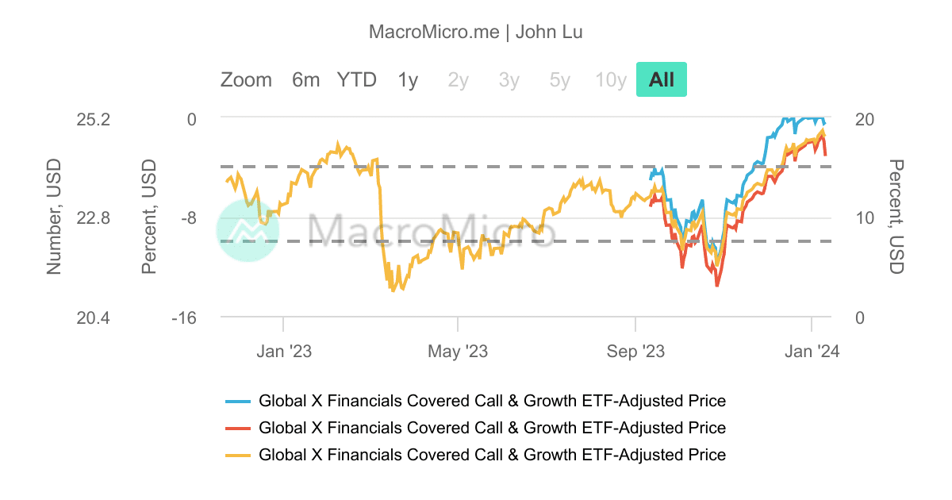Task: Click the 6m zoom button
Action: [305, 79]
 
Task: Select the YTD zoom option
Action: [356, 79]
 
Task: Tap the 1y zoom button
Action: [408, 79]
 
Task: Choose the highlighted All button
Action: [661, 79]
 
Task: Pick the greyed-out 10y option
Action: [611, 79]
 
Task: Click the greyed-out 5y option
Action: [559, 79]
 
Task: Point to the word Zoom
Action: [246, 79]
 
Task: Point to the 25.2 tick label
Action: [93, 119]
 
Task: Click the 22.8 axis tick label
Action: [93, 218]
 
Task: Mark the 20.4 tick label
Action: [93, 317]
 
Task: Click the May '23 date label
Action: [458, 351]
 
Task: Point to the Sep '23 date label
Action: [635, 351]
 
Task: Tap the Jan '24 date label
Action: [812, 351]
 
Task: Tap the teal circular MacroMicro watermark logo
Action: [248, 230]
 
